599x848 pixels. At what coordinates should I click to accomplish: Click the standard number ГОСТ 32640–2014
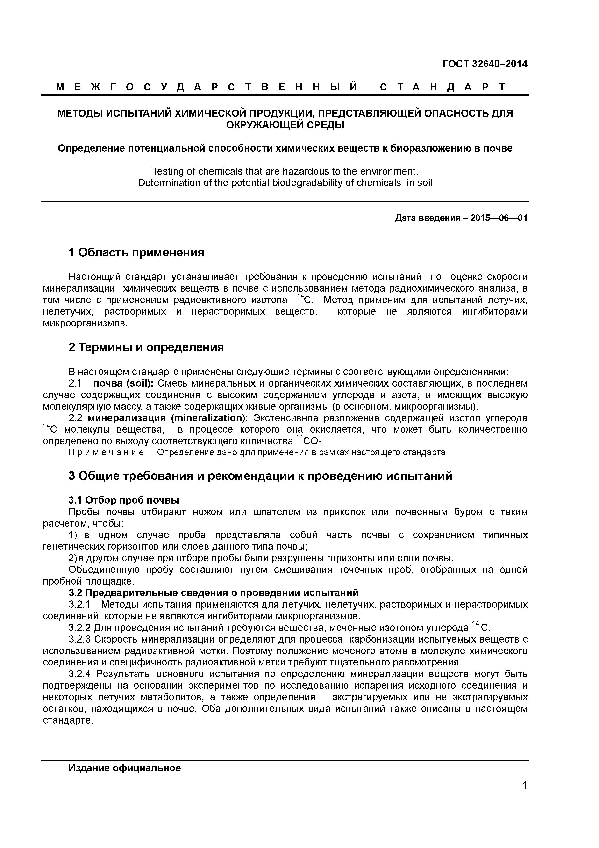pos(485,64)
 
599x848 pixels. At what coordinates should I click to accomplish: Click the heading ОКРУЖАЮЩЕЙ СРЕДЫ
pos(285,125)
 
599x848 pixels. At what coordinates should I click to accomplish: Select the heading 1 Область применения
pos(136,253)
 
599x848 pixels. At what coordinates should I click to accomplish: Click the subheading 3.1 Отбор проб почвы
pos(124,500)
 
